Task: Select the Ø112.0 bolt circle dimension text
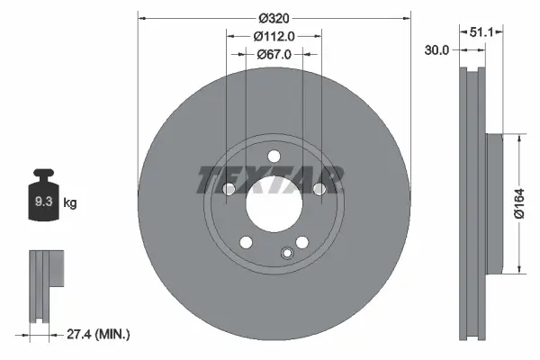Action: point(274,37)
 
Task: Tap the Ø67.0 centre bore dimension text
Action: point(274,55)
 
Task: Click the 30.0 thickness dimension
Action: point(437,50)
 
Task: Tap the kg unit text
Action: point(70,203)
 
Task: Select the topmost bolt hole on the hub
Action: point(274,157)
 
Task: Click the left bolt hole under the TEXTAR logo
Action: point(228,189)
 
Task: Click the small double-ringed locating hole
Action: point(286,253)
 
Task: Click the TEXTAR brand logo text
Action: point(270,179)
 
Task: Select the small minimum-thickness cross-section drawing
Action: point(44,288)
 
